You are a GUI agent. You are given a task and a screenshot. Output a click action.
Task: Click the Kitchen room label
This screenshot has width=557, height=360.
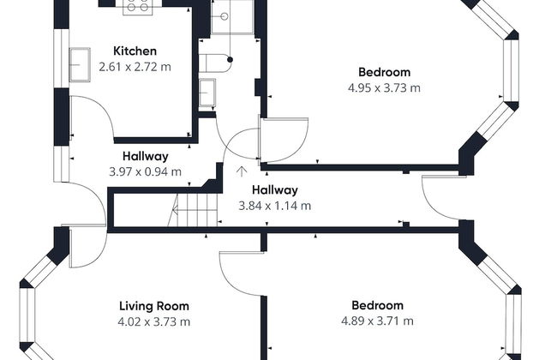click(x=135, y=51)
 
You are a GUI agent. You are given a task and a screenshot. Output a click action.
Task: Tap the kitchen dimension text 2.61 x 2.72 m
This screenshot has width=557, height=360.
click(x=135, y=67)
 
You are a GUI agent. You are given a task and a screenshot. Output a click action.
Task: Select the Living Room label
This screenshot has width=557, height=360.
click(x=153, y=306)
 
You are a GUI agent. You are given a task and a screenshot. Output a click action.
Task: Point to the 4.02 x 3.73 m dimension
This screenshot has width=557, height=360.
click(x=153, y=322)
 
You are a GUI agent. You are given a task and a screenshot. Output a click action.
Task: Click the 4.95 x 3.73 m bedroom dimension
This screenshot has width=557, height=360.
click(x=385, y=87)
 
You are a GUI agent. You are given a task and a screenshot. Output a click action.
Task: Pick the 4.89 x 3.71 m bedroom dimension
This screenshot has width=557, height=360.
click(x=378, y=321)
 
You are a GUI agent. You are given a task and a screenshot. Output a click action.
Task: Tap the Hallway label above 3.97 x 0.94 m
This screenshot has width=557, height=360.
click(x=146, y=156)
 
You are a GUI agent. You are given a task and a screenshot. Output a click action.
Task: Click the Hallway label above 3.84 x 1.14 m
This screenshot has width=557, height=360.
click(x=275, y=190)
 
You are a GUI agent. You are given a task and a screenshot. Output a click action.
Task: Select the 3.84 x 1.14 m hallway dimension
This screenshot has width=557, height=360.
click(x=275, y=206)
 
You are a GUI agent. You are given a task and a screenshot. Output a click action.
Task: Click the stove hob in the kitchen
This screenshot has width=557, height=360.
click(x=138, y=7)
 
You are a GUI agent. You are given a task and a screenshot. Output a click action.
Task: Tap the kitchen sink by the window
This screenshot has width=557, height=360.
click(x=80, y=64)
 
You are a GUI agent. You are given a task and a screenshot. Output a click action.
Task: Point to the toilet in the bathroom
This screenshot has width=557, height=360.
click(x=214, y=63)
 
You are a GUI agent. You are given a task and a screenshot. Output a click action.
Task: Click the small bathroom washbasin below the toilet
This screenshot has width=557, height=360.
click(x=207, y=93)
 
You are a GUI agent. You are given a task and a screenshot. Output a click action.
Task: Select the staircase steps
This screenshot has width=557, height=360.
click(x=193, y=210)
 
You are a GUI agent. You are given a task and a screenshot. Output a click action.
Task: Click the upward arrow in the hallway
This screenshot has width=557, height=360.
click(x=242, y=171)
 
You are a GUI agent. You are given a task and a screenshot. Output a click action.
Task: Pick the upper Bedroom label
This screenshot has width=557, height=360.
click(x=385, y=72)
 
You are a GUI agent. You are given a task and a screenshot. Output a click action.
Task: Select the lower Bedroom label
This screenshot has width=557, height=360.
click(x=378, y=306)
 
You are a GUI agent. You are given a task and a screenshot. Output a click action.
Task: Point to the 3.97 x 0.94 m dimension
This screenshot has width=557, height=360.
click(x=146, y=172)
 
